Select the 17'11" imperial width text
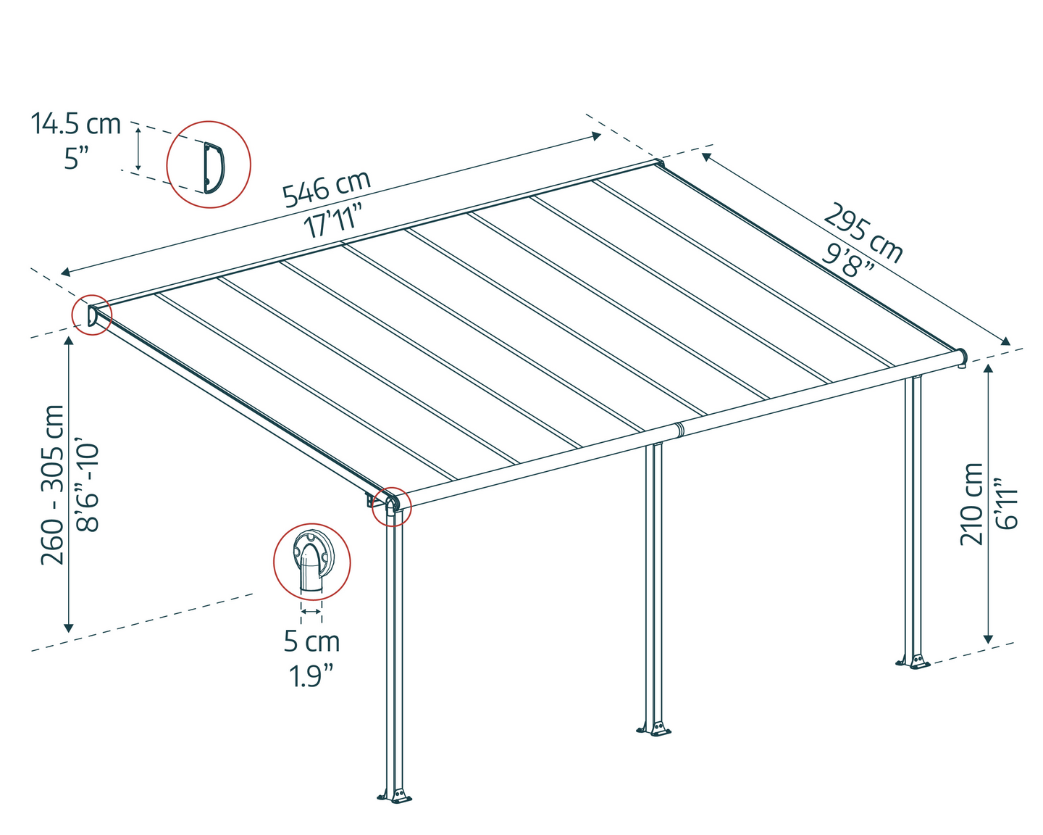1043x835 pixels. (332, 220)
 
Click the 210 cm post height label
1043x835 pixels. (972, 504)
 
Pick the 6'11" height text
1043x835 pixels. (1007, 504)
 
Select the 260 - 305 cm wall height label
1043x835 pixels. (54, 484)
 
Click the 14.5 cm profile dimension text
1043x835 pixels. (75, 124)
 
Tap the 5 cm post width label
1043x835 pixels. (311, 641)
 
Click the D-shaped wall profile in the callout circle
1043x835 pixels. (212, 167)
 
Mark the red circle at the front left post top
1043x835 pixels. (391, 505)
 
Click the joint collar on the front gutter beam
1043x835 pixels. (678, 430)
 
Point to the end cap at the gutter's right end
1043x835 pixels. (961, 357)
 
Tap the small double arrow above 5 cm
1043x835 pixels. (311, 612)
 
